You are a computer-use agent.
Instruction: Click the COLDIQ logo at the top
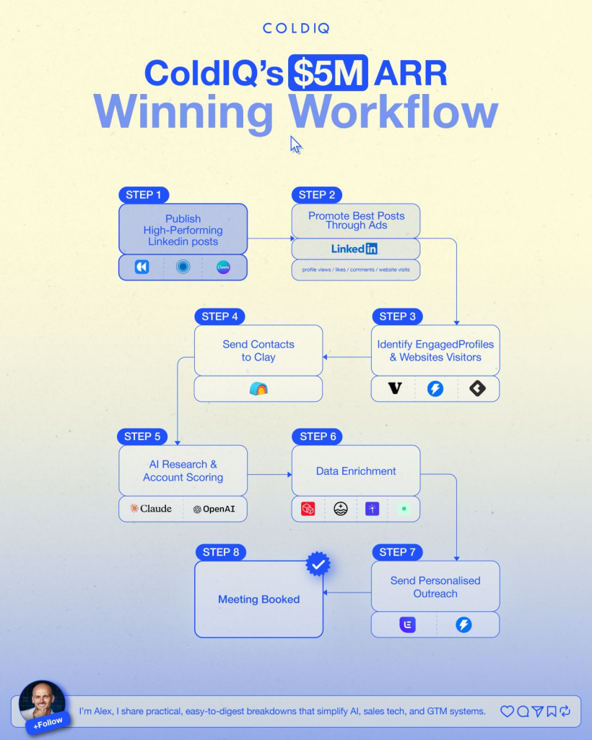296,29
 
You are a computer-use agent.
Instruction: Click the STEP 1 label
144,194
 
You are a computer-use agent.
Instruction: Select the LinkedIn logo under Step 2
354,249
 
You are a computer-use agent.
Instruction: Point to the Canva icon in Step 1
224,267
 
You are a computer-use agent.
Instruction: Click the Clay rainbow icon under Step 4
258,389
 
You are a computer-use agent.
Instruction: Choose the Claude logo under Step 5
151,509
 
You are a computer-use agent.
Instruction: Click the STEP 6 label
317,436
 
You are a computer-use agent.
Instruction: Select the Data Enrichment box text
356,471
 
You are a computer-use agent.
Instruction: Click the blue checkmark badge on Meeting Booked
318,564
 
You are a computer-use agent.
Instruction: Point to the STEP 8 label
220,552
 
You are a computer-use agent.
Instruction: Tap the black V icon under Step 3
394,389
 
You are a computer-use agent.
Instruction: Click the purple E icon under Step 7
408,624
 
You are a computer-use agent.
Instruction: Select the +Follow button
48,722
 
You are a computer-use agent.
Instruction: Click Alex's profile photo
42,700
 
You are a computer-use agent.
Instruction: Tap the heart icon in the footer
507,711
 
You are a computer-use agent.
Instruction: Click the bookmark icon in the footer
552,711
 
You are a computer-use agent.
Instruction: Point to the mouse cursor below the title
296,145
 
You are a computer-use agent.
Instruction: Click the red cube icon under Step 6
308,509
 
